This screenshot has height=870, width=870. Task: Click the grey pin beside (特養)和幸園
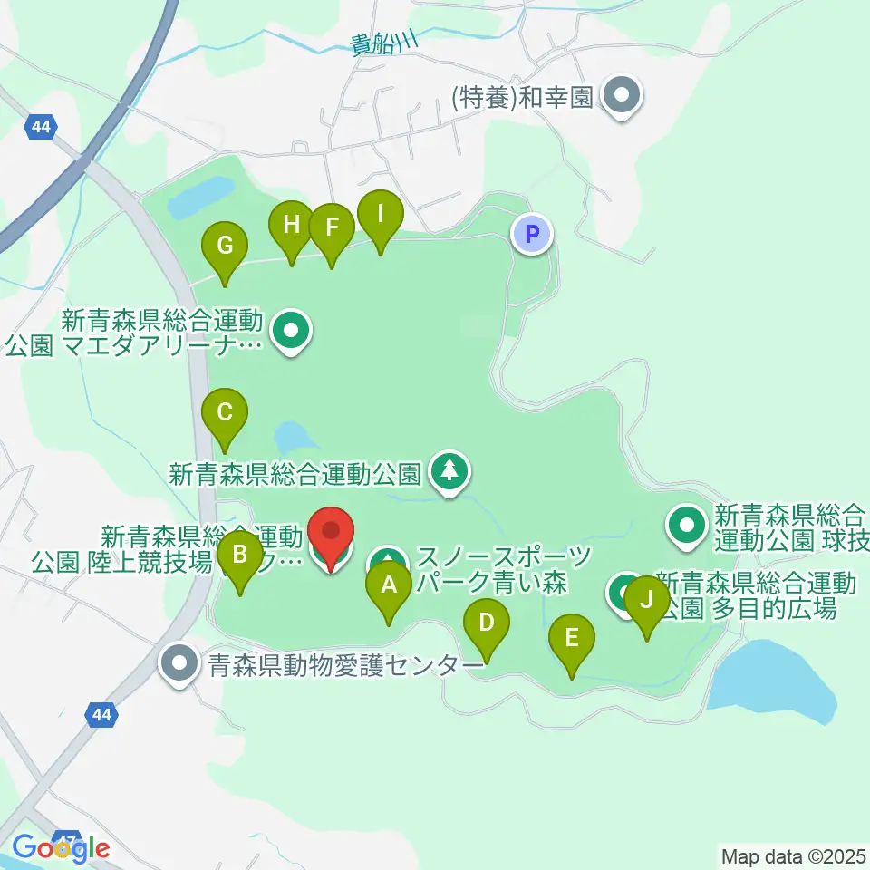pos(622,95)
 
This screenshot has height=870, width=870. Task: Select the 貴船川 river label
pos(385,42)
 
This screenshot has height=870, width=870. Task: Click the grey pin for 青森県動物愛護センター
pos(179,663)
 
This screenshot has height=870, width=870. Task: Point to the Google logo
pos(61,847)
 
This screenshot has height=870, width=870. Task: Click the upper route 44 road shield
pos(40,127)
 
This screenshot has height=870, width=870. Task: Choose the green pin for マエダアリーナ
pos(291,332)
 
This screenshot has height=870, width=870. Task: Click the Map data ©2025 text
pos(794,855)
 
